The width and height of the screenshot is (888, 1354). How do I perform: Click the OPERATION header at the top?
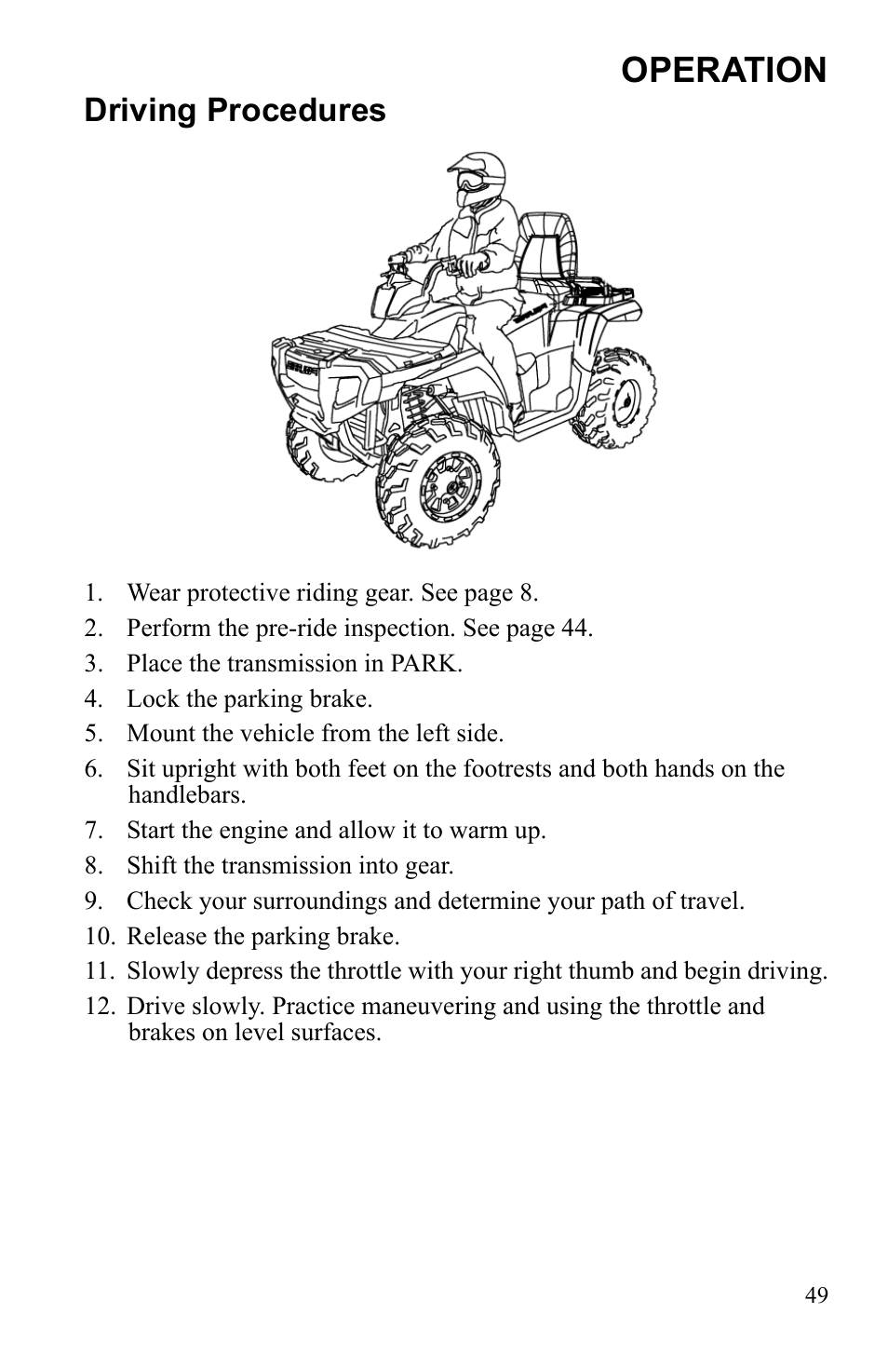click(x=723, y=70)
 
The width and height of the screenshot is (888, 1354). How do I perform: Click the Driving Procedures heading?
click(x=235, y=111)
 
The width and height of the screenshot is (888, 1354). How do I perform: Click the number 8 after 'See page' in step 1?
click(x=527, y=592)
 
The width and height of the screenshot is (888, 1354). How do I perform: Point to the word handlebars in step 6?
click(x=186, y=795)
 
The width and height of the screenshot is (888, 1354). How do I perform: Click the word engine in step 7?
click(x=256, y=830)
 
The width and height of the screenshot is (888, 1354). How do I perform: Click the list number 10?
click(x=98, y=936)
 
